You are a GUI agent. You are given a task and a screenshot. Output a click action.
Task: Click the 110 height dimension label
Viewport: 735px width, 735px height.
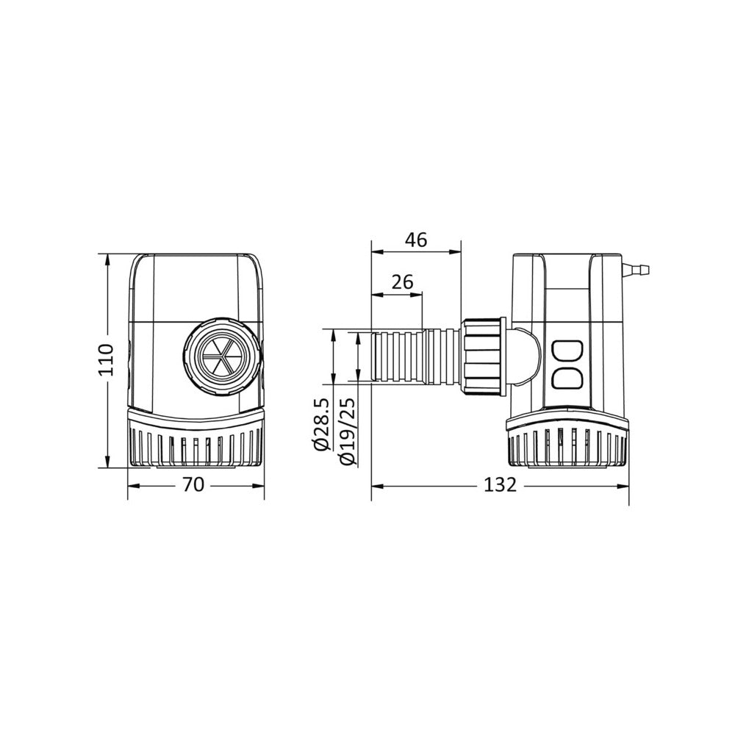coord(107,359)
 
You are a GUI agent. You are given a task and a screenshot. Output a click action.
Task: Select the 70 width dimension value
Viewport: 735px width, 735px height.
coord(193,484)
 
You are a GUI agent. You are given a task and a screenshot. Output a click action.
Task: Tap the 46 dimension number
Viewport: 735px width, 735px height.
coord(416,240)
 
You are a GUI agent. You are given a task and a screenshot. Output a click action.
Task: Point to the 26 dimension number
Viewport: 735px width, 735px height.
coord(402,282)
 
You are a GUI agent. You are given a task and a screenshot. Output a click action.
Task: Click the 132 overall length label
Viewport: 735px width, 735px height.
coord(500,484)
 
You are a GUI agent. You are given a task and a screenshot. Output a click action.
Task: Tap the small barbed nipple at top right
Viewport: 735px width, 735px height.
coord(635,270)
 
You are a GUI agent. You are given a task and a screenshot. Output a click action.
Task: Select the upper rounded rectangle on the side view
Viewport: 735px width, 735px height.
coord(566,351)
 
